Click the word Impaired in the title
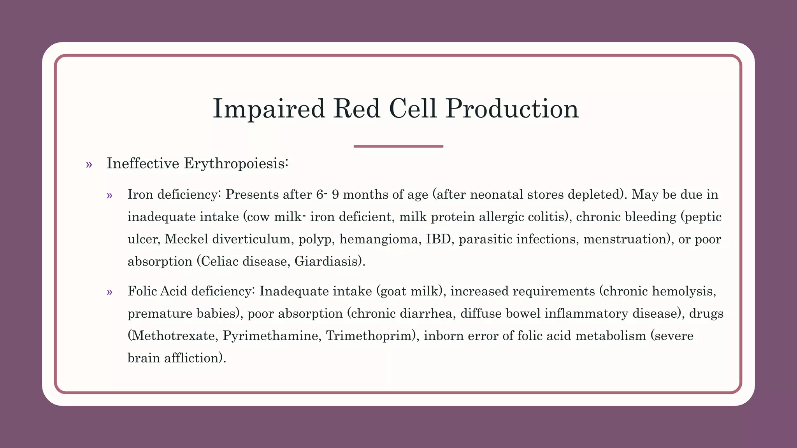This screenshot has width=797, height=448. [x=268, y=108]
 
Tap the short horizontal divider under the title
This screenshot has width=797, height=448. [x=398, y=146]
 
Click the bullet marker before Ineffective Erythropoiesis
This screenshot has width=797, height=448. [x=89, y=164]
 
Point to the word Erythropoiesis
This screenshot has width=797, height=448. [x=235, y=164]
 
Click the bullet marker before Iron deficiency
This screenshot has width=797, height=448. [x=109, y=195]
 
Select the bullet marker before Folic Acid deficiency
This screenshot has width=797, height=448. [x=109, y=292]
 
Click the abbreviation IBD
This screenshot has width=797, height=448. [x=438, y=239]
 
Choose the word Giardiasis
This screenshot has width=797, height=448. [x=328, y=261]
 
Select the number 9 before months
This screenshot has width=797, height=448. [x=335, y=194]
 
